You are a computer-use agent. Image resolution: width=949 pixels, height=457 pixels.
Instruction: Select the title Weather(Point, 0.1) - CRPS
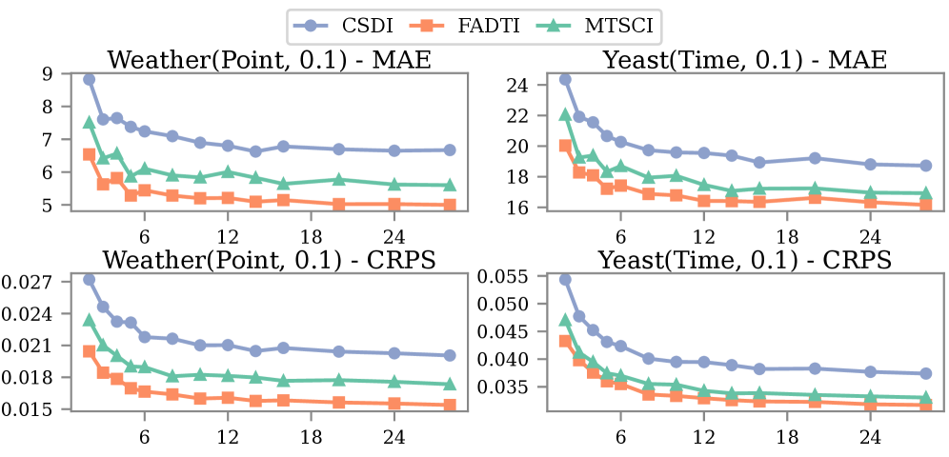pos(269,260)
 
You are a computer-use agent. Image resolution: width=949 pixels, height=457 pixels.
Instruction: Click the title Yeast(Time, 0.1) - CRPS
pos(744,260)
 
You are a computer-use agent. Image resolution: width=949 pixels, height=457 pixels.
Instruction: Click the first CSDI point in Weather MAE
pos(89,79)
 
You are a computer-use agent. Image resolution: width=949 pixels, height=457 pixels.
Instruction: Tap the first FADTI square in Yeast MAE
pos(565,146)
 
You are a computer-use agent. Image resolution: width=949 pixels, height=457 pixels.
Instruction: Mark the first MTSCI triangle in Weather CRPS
pos(89,320)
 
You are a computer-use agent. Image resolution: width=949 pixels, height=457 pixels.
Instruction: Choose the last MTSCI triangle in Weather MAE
pos(450,185)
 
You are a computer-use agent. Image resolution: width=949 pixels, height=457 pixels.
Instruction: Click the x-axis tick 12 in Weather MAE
pos(228,227)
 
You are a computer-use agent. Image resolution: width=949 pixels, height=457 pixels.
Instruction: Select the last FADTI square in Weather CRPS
pos(450,406)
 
